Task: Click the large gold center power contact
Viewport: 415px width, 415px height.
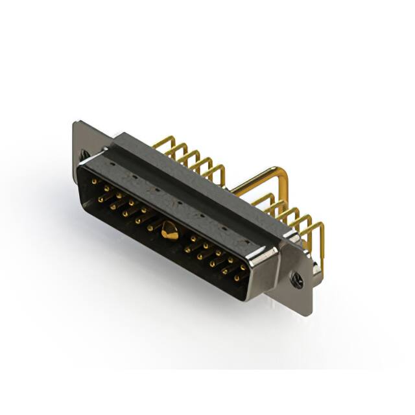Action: point(170,230)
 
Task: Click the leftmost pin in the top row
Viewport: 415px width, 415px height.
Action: point(94,183)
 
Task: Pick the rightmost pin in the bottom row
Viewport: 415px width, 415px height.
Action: point(236,278)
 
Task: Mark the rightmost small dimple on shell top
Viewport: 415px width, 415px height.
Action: point(247,243)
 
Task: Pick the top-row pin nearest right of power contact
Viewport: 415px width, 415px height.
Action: point(193,239)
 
